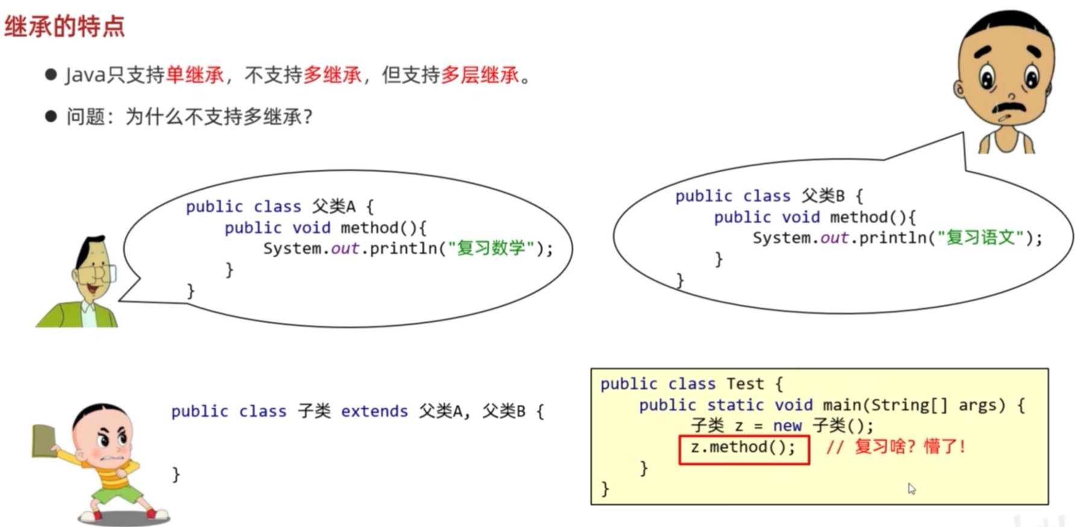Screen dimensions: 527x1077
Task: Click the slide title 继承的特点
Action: pos(64,26)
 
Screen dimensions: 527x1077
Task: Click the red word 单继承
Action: pos(195,75)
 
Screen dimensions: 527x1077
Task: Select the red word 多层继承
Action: pos(480,75)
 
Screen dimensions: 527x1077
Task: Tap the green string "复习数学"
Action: pos(491,248)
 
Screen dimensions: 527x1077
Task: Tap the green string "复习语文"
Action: pos(980,238)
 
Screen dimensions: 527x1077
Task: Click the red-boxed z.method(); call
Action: pos(743,447)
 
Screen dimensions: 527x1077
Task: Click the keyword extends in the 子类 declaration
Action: pos(374,411)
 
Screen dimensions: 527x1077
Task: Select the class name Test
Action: pos(745,384)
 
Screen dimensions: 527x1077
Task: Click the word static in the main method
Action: pos(735,405)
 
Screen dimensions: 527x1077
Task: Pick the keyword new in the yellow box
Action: pos(787,426)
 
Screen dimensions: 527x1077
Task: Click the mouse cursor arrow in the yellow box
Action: pos(911,488)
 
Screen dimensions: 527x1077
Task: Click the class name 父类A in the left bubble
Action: pos(334,207)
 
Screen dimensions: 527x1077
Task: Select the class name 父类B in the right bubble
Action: pos(823,196)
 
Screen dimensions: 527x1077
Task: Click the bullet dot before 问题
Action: pos(51,116)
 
